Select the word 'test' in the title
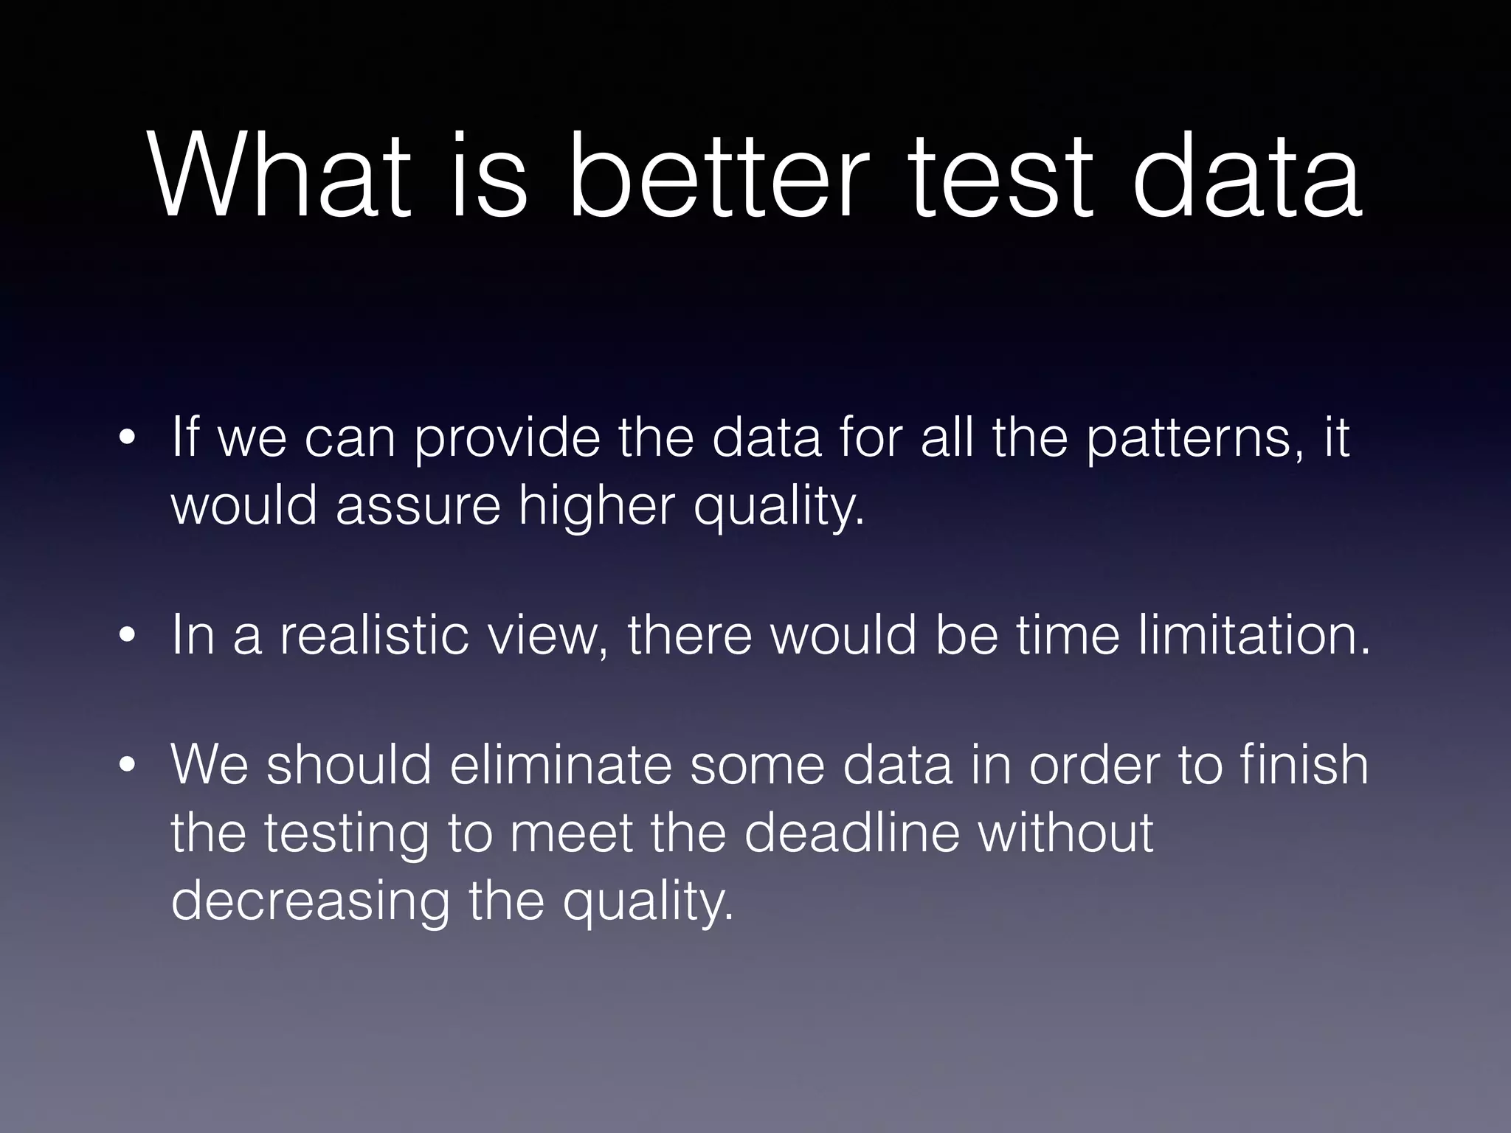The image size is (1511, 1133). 1000,177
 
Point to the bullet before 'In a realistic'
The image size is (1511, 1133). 128,636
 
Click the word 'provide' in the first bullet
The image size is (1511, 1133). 506,438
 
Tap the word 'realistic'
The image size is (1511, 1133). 373,636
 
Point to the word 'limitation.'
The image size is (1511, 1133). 1254,636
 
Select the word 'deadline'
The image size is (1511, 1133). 851,833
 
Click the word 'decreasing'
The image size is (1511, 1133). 310,901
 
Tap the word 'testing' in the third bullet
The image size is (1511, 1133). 346,833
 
